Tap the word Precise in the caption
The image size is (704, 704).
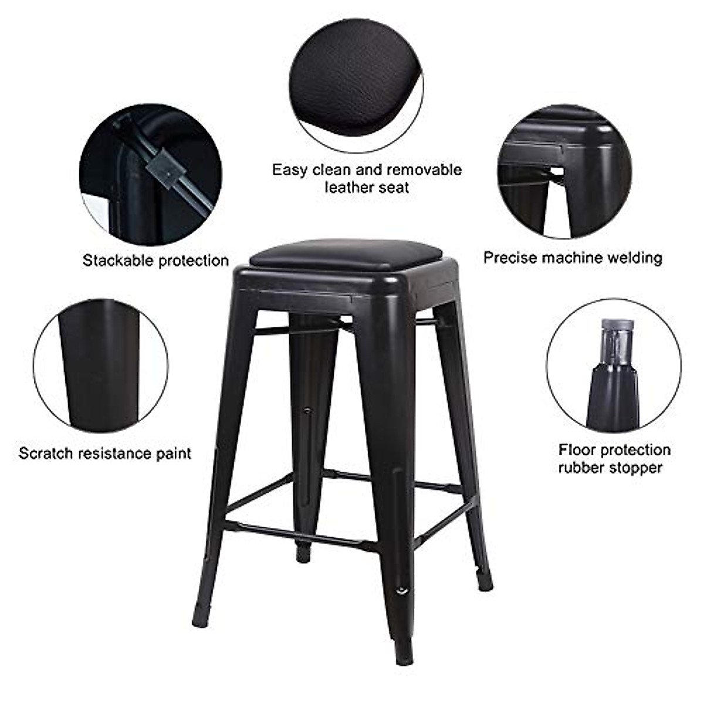point(510,258)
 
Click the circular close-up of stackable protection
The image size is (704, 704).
point(150,175)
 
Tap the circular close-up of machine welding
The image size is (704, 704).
point(564,171)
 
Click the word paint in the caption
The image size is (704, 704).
point(173,453)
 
